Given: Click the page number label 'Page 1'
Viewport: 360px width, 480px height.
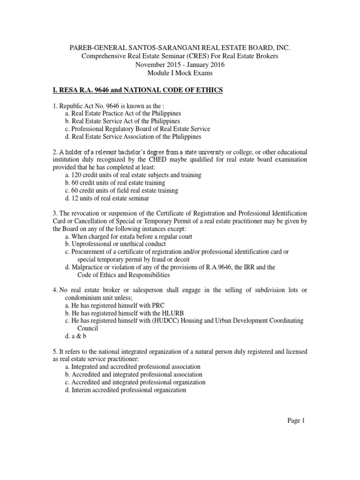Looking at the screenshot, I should pos(296,420).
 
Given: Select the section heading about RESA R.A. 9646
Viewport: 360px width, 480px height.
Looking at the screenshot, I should pos(137,90).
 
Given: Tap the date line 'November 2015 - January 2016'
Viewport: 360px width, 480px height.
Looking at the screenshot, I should pos(180,65).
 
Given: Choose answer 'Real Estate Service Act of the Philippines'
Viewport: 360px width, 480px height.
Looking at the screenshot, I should pos(123,121).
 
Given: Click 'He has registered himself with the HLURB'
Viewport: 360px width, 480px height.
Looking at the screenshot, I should pos(121,313).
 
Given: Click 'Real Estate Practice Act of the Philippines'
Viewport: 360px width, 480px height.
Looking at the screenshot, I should pos(123,113).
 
